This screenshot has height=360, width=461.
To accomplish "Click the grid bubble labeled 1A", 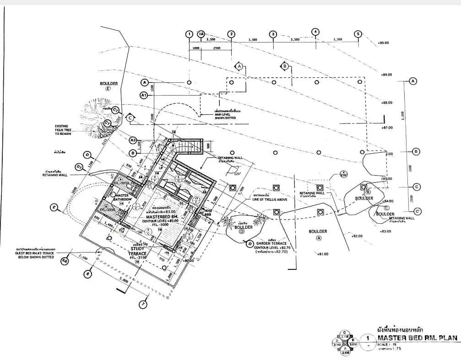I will click(x=201, y=34).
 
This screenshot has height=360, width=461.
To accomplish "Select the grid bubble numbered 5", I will click(x=358, y=34).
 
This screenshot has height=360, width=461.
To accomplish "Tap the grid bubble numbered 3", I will click(x=273, y=34).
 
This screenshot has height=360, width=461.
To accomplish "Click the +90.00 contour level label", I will click(x=384, y=43).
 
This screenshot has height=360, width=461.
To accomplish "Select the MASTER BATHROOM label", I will click(x=123, y=198).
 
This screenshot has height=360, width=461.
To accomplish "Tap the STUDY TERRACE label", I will click(x=137, y=251).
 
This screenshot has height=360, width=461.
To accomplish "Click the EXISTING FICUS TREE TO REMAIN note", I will click(x=65, y=130).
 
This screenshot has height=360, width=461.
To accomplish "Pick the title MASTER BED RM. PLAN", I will click(x=417, y=339).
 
